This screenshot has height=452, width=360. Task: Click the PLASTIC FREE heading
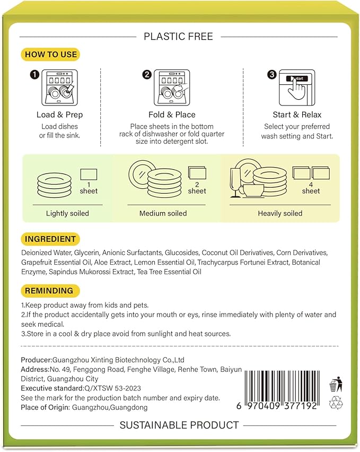click(178, 37)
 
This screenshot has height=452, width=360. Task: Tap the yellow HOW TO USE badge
click(51, 54)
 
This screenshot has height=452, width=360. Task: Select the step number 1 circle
click(34, 75)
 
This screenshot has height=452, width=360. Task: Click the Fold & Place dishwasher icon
click(171, 88)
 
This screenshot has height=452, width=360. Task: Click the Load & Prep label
click(59, 115)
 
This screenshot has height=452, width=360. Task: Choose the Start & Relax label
click(297, 115)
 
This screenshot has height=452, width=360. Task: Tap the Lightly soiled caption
click(67, 213)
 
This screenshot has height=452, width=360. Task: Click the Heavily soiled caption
click(280, 213)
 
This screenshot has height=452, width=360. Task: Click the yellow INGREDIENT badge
click(49, 239)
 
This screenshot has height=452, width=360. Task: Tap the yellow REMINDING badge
click(50, 291)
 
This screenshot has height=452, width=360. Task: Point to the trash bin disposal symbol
click(335, 384)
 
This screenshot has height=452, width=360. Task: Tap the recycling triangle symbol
click(335, 404)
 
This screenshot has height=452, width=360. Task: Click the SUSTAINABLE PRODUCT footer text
click(179, 425)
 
